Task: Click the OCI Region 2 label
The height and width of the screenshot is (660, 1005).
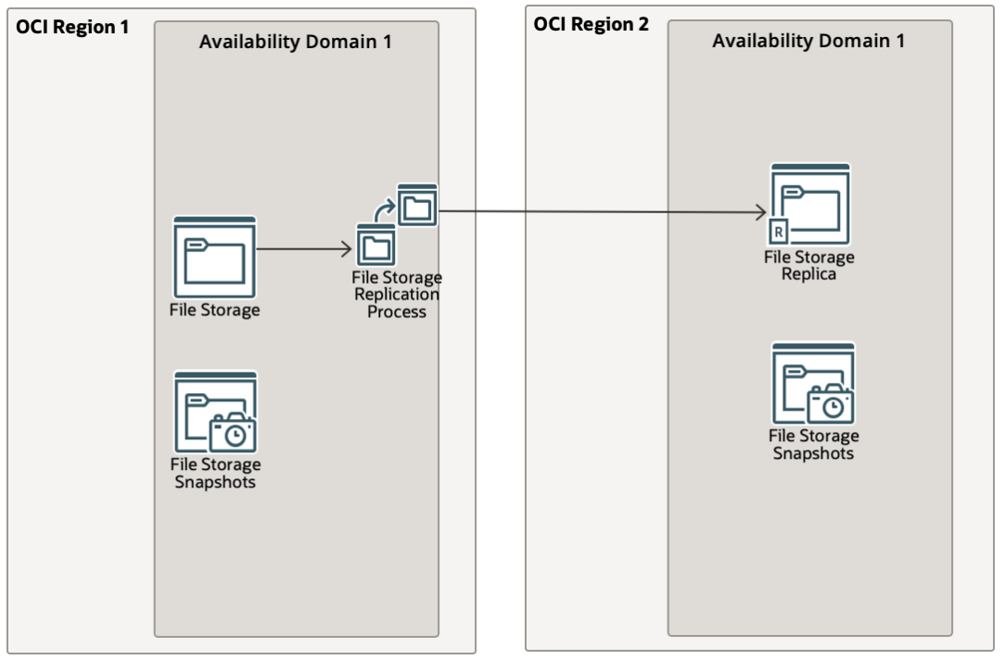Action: pyautogui.click(x=591, y=23)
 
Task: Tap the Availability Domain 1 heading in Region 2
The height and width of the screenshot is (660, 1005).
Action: pyautogui.click(x=808, y=42)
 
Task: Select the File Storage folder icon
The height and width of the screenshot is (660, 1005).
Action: pyautogui.click(x=214, y=257)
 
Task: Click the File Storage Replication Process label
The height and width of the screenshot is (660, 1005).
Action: pyautogui.click(x=397, y=295)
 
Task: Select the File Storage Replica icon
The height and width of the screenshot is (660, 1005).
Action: pyautogui.click(x=809, y=204)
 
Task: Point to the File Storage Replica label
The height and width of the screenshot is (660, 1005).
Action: pyautogui.click(x=809, y=265)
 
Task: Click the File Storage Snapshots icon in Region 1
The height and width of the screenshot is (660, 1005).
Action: pyautogui.click(x=215, y=412)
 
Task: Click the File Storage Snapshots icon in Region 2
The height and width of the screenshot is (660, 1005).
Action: pyautogui.click(x=813, y=383)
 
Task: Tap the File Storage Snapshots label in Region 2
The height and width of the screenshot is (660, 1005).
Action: pyautogui.click(x=813, y=444)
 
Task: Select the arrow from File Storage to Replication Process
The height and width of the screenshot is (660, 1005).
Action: pyautogui.click(x=303, y=248)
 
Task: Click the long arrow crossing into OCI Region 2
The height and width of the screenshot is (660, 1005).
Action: pyautogui.click(x=603, y=211)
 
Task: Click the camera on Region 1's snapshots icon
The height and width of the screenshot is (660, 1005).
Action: pyautogui.click(x=232, y=432)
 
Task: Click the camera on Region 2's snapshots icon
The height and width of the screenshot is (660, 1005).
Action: pyautogui.click(x=830, y=403)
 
